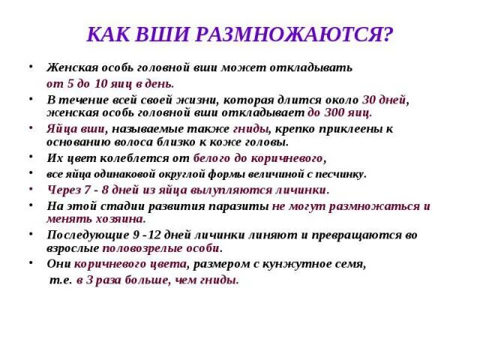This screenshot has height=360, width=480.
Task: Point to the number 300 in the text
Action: [x=334, y=112]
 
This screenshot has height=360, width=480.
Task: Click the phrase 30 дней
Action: [x=384, y=99]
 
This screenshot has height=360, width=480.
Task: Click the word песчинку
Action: [x=340, y=174]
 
